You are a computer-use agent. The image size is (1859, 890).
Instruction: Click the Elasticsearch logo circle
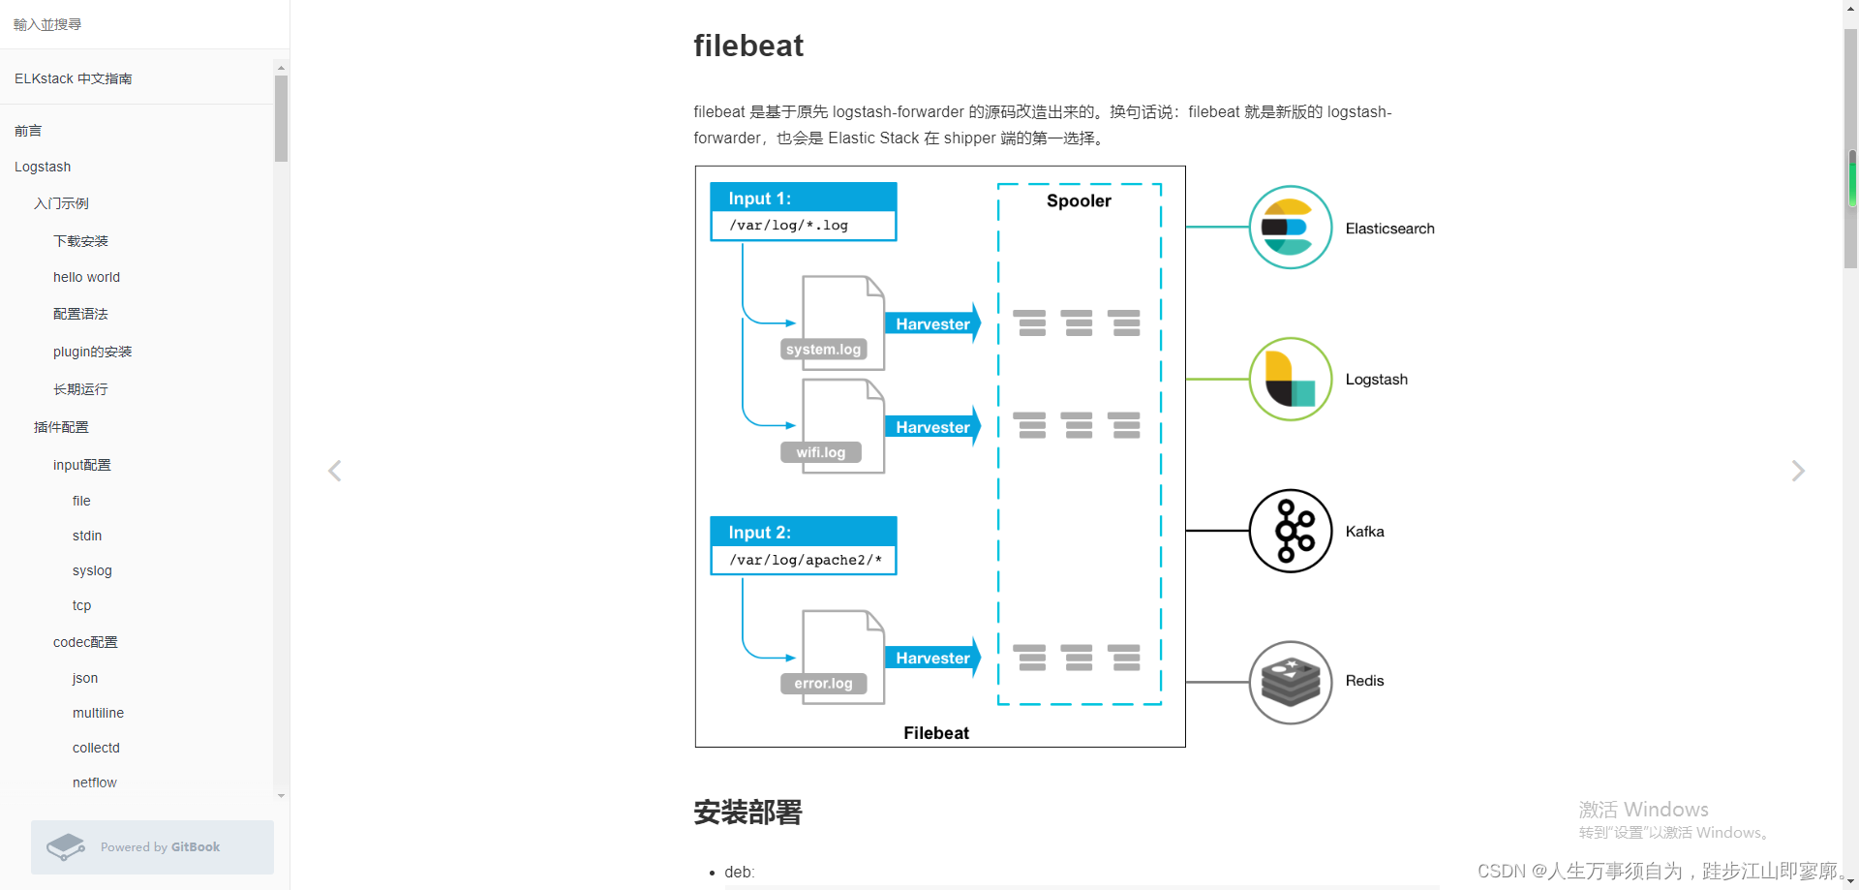[1291, 228]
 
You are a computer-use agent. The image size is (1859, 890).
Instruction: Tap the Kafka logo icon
[1291, 531]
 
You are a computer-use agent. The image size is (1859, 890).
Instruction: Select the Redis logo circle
[1291, 682]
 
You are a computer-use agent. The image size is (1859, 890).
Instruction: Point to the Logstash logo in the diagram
[1291, 379]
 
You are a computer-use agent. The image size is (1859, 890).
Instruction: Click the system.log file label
[823, 350]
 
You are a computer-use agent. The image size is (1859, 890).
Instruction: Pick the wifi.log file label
[821, 452]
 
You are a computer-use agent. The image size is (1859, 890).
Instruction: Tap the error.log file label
[823, 684]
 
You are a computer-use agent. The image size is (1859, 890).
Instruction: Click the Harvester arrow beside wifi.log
[933, 427]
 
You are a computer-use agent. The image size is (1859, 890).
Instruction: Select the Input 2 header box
[804, 532]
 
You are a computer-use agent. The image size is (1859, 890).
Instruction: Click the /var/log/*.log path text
[789, 226]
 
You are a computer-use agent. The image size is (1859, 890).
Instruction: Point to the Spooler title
[1079, 200]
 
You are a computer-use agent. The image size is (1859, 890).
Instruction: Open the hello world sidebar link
[86, 277]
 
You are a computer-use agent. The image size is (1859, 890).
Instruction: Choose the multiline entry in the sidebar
[98, 713]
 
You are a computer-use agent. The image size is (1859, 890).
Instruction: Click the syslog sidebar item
[92, 570]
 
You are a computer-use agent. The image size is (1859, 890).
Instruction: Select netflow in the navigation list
[94, 783]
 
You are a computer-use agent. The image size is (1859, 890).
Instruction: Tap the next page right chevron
[1798, 471]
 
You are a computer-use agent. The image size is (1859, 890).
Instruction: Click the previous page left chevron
[335, 471]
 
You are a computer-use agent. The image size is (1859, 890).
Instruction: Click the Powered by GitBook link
[152, 847]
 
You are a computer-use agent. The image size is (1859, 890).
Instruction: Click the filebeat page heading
[748, 46]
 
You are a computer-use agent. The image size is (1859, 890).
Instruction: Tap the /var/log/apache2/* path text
[806, 560]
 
